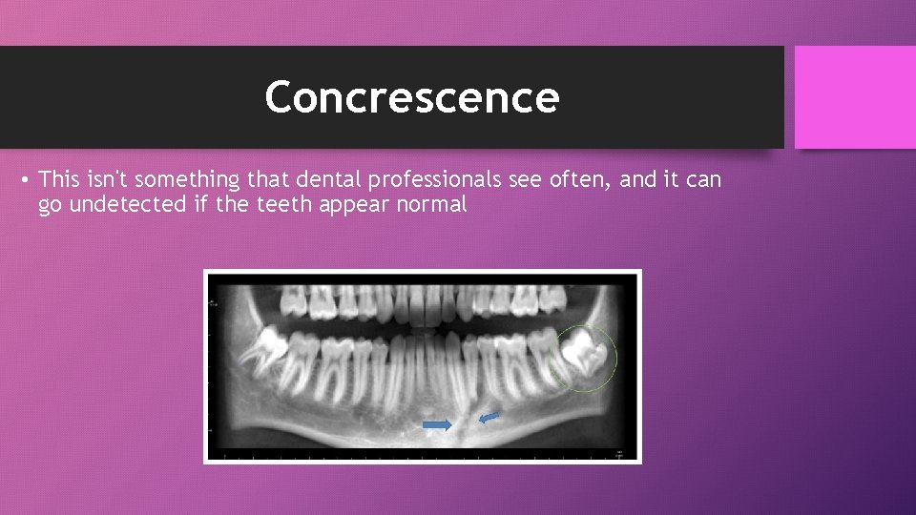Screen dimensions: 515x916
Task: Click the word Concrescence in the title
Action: pyautogui.click(x=412, y=97)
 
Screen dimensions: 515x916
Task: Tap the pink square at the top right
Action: pyautogui.click(x=854, y=97)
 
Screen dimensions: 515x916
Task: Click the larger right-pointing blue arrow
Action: pyautogui.click(x=437, y=425)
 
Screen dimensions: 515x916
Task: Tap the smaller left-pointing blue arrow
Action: pyautogui.click(x=489, y=417)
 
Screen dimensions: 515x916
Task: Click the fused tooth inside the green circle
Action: pyautogui.click(x=585, y=354)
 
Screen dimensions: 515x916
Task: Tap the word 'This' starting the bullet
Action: pyautogui.click(x=59, y=179)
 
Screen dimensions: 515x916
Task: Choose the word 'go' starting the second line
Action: pyautogui.click(x=50, y=204)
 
